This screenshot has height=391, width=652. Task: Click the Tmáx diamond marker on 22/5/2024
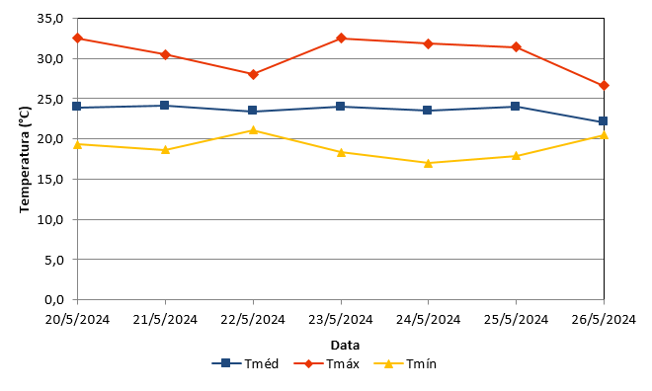pyautogui.click(x=253, y=74)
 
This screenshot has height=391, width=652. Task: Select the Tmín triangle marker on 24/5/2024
pyautogui.click(x=429, y=163)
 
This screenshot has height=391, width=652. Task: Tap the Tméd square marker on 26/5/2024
pyautogui.click(x=603, y=120)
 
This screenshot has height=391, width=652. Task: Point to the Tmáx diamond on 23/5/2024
pyautogui.click(x=341, y=39)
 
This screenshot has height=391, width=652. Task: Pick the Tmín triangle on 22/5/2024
pyautogui.click(x=253, y=130)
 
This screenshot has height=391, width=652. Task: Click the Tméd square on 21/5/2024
pyautogui.click(x=165, y=105)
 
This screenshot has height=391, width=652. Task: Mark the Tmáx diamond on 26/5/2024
pyautogui.click(x=604, y=86)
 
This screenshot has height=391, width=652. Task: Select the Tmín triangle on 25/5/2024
pyautogui.click(x=516, y=156)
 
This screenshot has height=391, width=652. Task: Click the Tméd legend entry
pyautogui.click(x=245, y=363)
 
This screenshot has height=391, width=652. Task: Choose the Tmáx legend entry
pyautogui.click(x=326, y=363)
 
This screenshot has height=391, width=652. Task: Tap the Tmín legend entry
pyautogui.click(x=405, y=363)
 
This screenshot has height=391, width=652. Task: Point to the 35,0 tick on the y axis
pyautogui.click(x=50, y=19)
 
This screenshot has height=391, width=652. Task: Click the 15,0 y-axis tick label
pyautogui.click(x=50, y=180)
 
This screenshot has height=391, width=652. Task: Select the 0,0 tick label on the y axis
pyautogui.click(x=53, y=299)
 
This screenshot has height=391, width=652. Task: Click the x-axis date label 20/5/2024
pyautogui.click(x=77, y=320)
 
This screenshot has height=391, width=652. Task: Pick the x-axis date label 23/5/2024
pyautogui.click(x=341, y=320)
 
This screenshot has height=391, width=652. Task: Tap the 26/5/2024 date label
pyautogui.click(x=604, y=320)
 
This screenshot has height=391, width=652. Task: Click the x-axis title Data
pyautogui.click(x=345, y=345)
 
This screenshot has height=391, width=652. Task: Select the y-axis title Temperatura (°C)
pyautogui.click(x=25, y=160)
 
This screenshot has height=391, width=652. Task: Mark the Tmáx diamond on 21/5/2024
pyautogui.click(x=165, y=54)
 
